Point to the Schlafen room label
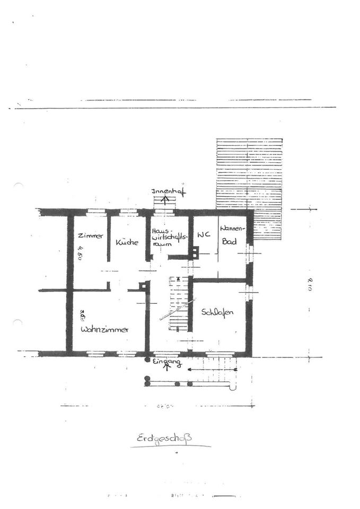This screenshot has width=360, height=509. coord(217,312)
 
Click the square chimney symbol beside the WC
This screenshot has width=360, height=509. coord(195,253)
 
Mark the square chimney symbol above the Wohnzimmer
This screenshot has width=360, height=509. coord(142,286)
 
